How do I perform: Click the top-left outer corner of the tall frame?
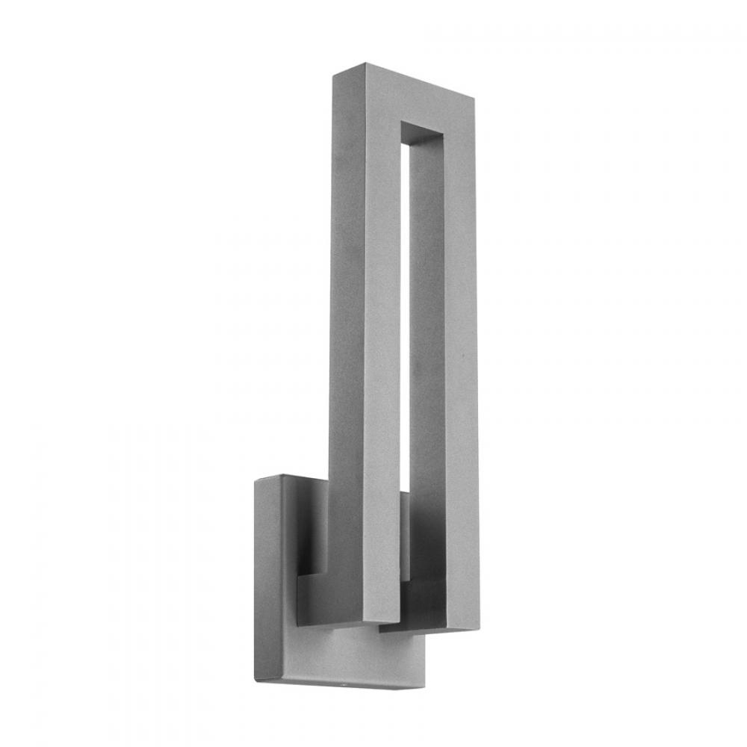click(333, 72)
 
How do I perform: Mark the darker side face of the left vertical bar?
click(340, 336)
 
